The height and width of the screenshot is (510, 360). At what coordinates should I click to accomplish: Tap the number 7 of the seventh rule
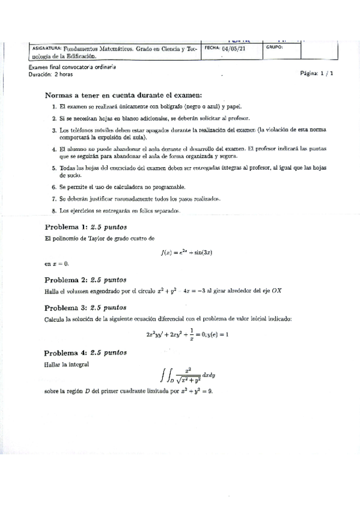tap(54, 199)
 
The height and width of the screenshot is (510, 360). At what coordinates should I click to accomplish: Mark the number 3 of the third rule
tap(54, 130)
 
